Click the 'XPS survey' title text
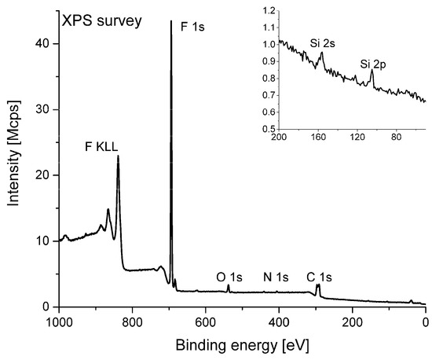click(104, 21)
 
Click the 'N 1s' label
click(276, 277)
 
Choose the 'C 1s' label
click(320, 277)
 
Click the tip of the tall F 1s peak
click(171, 22)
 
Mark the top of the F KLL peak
click(119, 156)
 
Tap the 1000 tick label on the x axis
click(57, 321)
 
